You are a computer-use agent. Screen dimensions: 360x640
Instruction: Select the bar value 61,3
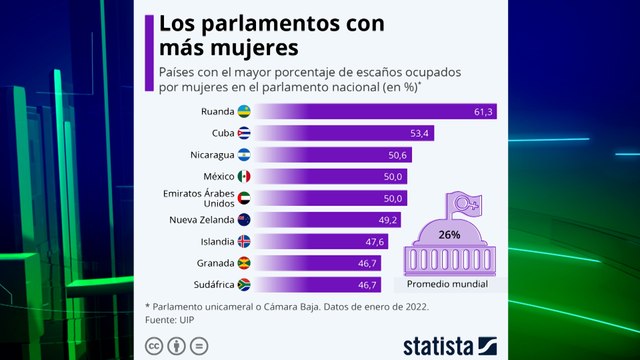pyautogui.click(x=483, y=112)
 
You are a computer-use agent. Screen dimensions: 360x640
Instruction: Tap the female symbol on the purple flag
pyautogui.click(x=465, y=205)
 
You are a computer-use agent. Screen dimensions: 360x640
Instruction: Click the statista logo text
pyautogui.click(x=440, y=345)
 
